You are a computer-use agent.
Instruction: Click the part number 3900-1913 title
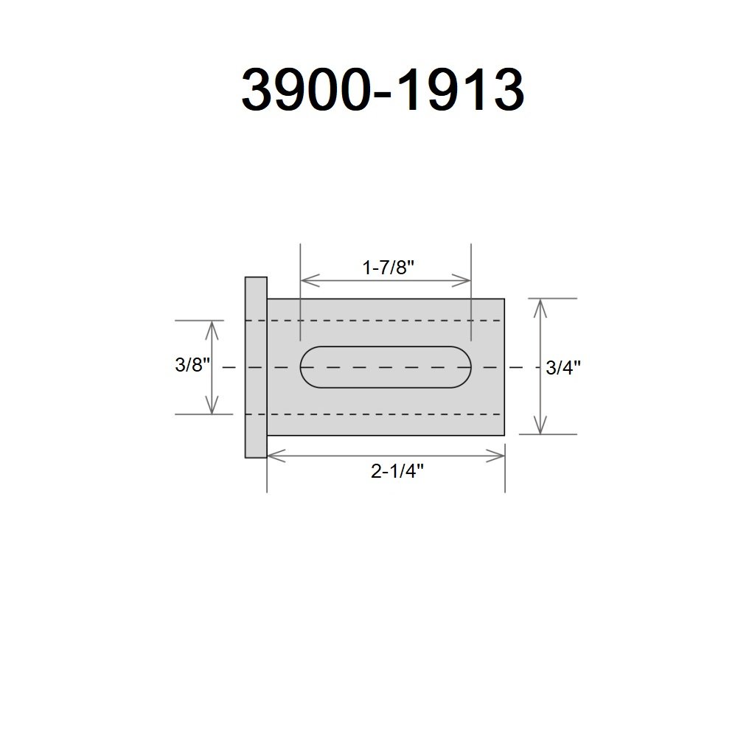click(x=383, y=90)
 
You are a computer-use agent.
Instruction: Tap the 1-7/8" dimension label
click(x=388, y=267)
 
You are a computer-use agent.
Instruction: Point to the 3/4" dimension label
click(x=563, y=368)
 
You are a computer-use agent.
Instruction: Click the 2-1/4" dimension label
click(x=397, y=471)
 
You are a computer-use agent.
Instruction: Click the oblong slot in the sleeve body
click(x=386, y=367)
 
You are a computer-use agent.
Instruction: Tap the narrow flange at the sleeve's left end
click(x=256, y=367)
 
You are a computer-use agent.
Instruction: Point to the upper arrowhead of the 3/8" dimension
click(x=212, y=330)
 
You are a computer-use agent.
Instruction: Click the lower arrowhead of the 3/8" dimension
click(x=212, y=405)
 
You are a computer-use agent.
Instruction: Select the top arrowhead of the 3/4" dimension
click(x=540, y=308)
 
